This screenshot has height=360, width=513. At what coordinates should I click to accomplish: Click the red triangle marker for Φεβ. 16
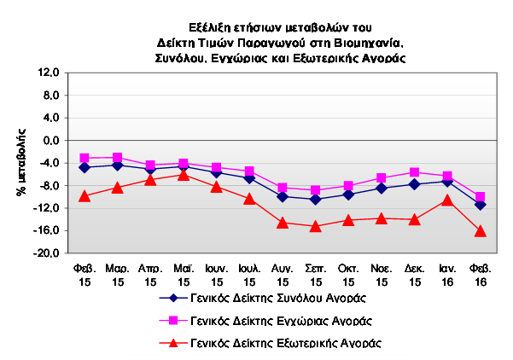[x=481, y=231]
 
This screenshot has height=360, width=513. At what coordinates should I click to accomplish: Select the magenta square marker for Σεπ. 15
[x=315, y=190]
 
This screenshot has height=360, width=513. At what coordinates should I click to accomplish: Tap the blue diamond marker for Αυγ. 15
[x=283, y=197]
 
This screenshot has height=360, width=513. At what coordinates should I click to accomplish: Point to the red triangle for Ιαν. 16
[x=447, y=200]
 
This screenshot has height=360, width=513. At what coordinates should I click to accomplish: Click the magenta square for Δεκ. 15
[x=415, y=172]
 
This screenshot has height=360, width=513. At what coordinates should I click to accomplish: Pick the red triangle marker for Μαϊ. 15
[x=184, y=175]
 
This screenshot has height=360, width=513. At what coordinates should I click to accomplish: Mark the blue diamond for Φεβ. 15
[x=85, y=167]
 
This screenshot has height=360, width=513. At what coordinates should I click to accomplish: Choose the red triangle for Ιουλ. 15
[x=249, y=199]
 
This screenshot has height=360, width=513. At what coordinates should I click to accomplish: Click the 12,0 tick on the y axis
[x=49, y=73]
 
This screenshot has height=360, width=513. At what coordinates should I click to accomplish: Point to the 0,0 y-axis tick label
[x=51, y=140]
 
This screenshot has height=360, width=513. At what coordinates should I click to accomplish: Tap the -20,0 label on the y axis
[x=46, y=253]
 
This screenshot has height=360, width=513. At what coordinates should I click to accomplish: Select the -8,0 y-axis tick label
[x=49, y=185]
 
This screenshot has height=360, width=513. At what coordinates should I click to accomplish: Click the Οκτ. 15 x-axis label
[x=348, y=275]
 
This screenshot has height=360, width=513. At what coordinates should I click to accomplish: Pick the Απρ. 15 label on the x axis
[x=150, y=275]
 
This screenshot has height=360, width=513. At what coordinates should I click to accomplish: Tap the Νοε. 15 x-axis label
[x=382, y=275]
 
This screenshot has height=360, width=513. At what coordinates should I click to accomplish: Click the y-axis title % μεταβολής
[x=21, y=162]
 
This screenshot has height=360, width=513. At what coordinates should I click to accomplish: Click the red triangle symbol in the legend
[x=173, y=343]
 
